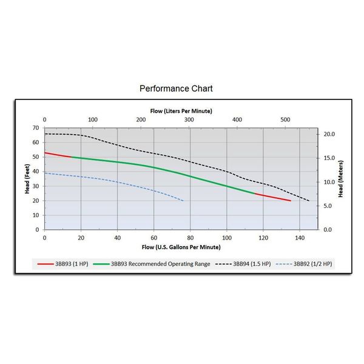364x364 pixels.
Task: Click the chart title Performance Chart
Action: coord(176,89)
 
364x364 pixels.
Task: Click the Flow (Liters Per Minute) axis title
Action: coord(181,110)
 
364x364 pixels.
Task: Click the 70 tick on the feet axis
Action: coord(36,128)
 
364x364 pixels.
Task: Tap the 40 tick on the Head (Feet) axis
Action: coord(36,171)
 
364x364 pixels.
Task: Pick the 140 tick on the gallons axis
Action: coord(300,238)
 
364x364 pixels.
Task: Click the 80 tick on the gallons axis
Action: coord(190,238)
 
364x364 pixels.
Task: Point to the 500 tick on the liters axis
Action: coord(285,120)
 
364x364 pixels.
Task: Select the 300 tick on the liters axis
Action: coord(189,120)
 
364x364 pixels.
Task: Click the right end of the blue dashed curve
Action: coord(183,201)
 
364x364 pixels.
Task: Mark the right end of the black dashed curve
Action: coord(309,201)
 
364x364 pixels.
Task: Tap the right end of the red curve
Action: coord(291,200)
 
